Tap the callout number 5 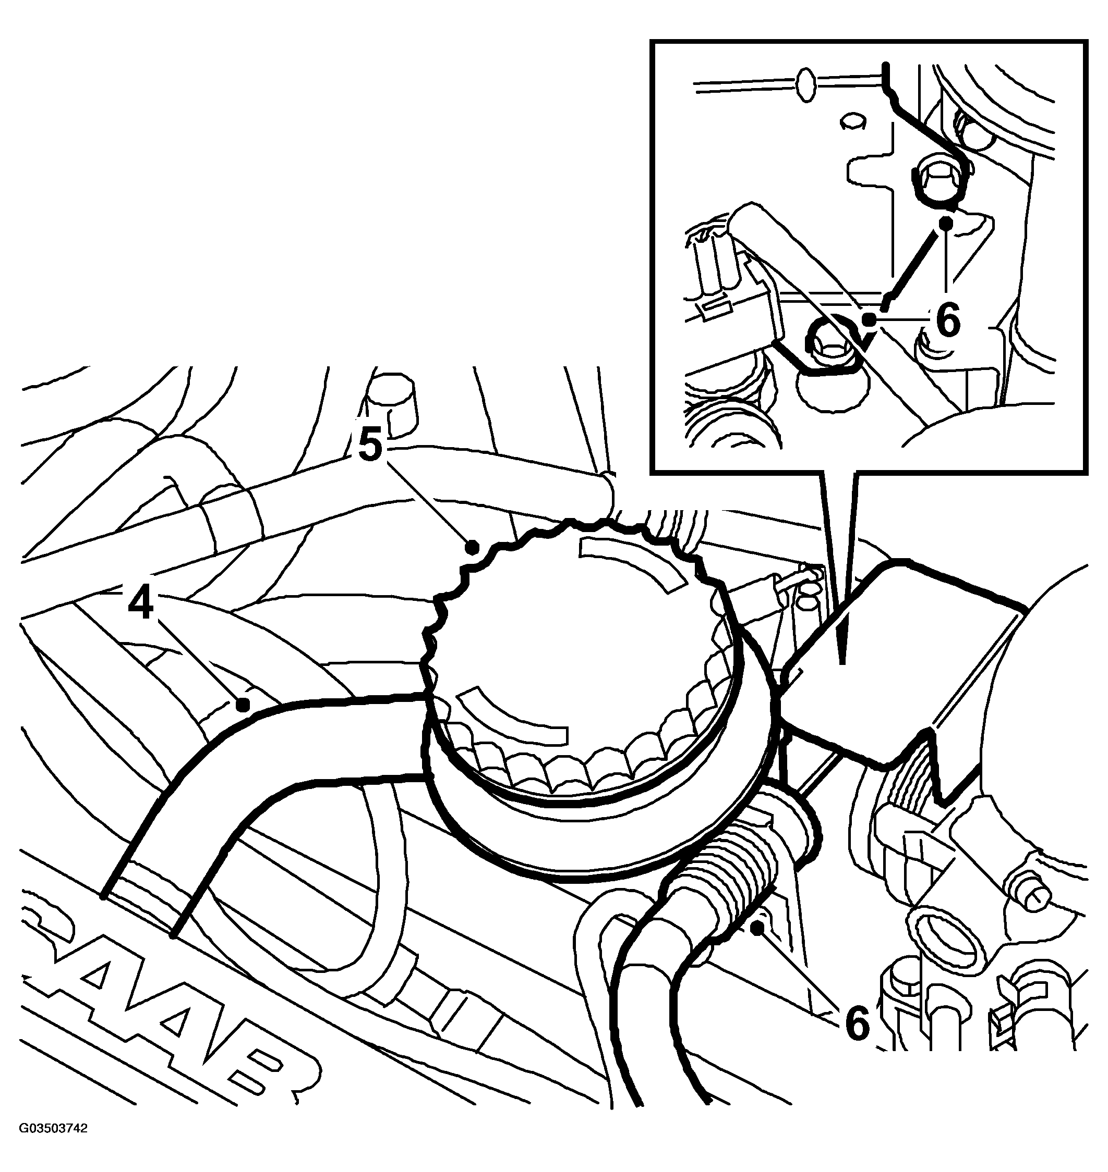tap(370, 445)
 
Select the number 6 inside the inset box tap(948, 320)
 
